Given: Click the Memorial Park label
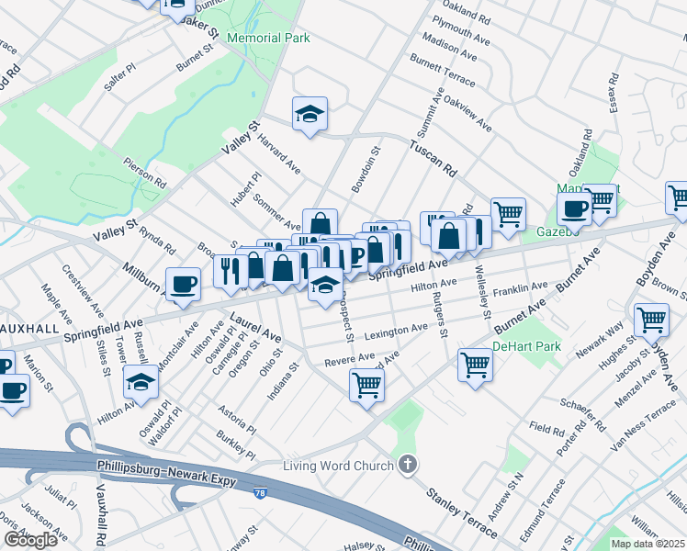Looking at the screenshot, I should [x=268, y=38].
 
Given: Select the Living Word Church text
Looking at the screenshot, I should [x=337, y=466].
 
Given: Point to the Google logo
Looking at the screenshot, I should [x=30, y=540].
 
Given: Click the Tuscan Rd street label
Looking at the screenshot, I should [x=433, y=158].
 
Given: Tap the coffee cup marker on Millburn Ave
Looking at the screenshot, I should [x=183, y=284].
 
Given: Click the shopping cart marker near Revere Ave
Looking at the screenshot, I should [x=366, y=384].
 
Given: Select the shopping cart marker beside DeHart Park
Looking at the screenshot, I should [x=475, y=364].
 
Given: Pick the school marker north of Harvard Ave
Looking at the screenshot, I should [x=310, y=114].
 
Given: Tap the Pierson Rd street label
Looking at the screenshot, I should [x=145, y=170].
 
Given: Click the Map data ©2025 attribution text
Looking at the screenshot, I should [x=648, y=544].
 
